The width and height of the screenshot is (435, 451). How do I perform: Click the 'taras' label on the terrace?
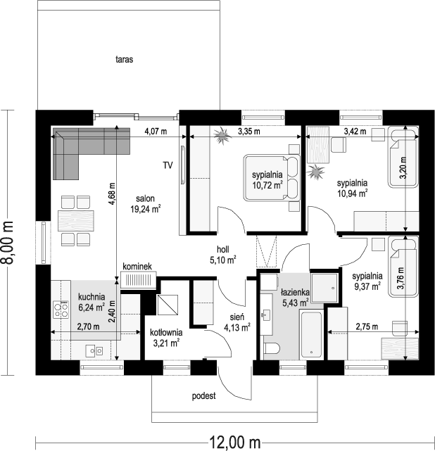[125, 60]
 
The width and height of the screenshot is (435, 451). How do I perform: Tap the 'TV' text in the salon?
[168, 166]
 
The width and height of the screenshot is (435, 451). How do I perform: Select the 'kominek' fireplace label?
[138, 267]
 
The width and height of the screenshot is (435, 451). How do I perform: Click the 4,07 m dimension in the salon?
[156, 132]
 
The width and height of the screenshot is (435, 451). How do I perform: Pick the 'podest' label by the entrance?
[203, 396]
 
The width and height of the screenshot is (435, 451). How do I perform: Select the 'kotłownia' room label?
[166, 332]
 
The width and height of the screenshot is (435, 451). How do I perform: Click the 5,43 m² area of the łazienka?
[295, 303]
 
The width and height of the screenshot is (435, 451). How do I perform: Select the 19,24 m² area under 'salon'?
[146, 208]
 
